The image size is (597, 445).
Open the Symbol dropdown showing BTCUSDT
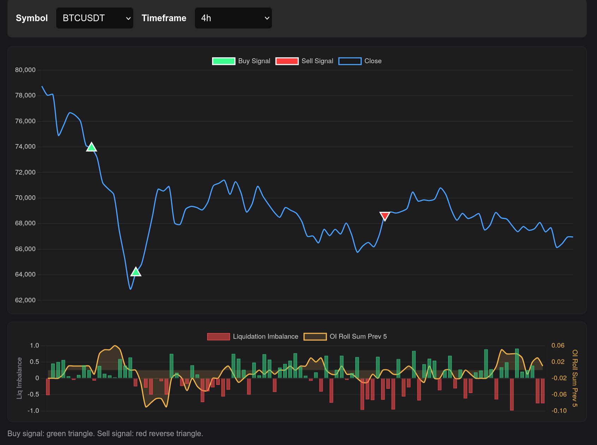[95, 18]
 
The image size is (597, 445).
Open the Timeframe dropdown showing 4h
[233, 18]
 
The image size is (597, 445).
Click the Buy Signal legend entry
[241, 61]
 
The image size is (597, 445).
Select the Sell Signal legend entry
[304, 61]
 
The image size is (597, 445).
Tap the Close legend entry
[360, 61]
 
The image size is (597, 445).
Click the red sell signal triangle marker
[385, 216]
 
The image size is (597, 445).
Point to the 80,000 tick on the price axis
[25, 70]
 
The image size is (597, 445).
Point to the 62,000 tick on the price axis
[25, 300]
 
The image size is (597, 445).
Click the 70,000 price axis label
[25, 198]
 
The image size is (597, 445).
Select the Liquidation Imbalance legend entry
[253, 337]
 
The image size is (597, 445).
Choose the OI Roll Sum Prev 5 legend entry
[345, 337]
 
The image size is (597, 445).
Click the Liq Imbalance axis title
[19, 378]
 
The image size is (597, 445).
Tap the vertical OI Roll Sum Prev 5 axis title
[575, 378]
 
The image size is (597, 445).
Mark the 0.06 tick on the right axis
[558, 345]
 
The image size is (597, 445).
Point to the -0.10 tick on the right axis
[559, 411]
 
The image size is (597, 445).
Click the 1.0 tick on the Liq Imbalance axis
[35, 345]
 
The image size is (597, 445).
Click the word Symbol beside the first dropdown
[32, 18]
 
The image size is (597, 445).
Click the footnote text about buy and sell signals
[105, 433]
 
